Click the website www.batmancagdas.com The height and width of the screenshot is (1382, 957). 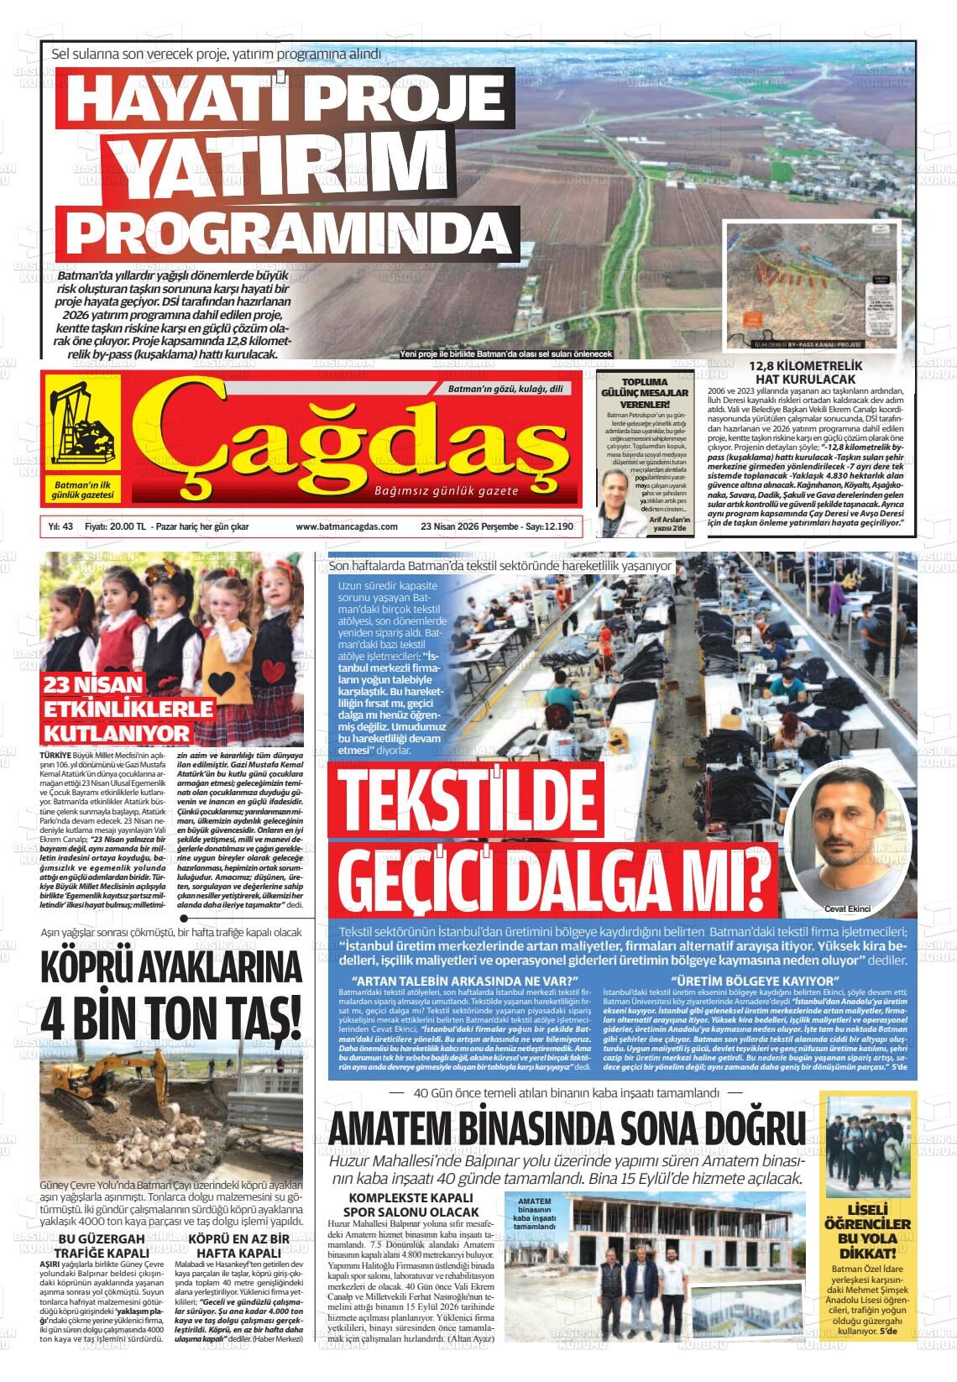[x=346, y=526]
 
